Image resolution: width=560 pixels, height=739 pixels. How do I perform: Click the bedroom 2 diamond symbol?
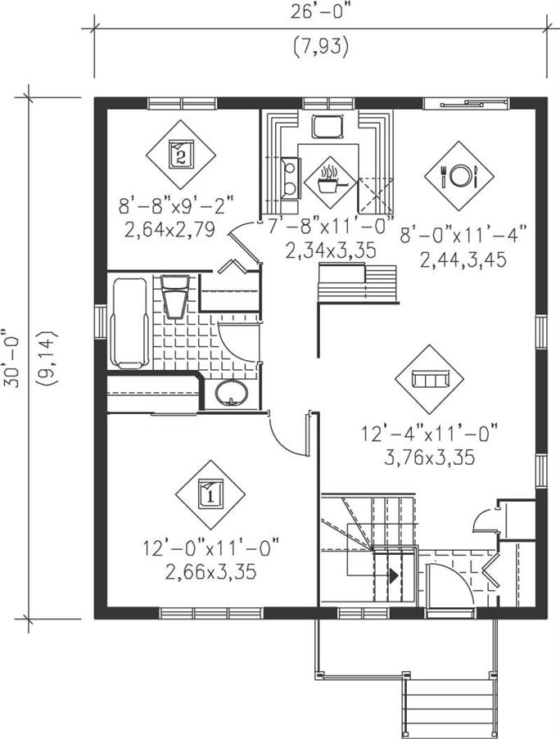tap(181, 155)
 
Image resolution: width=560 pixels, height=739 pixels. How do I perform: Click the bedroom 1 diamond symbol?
tap(210, 495)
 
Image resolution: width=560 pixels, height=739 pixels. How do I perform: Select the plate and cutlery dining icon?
tap(459, 176)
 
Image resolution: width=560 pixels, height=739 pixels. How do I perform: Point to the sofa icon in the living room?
tap(430, 379)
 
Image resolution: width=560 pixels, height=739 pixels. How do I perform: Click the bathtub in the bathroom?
tap(129, 322)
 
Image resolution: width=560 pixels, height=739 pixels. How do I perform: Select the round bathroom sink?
tap(232, 393)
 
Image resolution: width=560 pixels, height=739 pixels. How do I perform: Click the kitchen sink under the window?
tap(326, 126)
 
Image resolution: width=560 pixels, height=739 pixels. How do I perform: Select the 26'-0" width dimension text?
tap(322, 12)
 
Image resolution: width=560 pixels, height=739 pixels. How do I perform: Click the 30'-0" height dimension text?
tap(15, 358)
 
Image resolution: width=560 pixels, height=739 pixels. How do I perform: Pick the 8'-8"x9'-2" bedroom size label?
tap(176, 205)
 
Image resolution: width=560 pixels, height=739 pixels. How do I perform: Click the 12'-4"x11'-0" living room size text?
tap(430, 433)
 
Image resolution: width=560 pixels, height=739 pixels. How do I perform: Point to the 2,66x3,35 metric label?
tap(210, 572)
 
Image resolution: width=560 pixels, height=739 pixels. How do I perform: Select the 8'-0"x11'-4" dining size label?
tap(463, 234)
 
